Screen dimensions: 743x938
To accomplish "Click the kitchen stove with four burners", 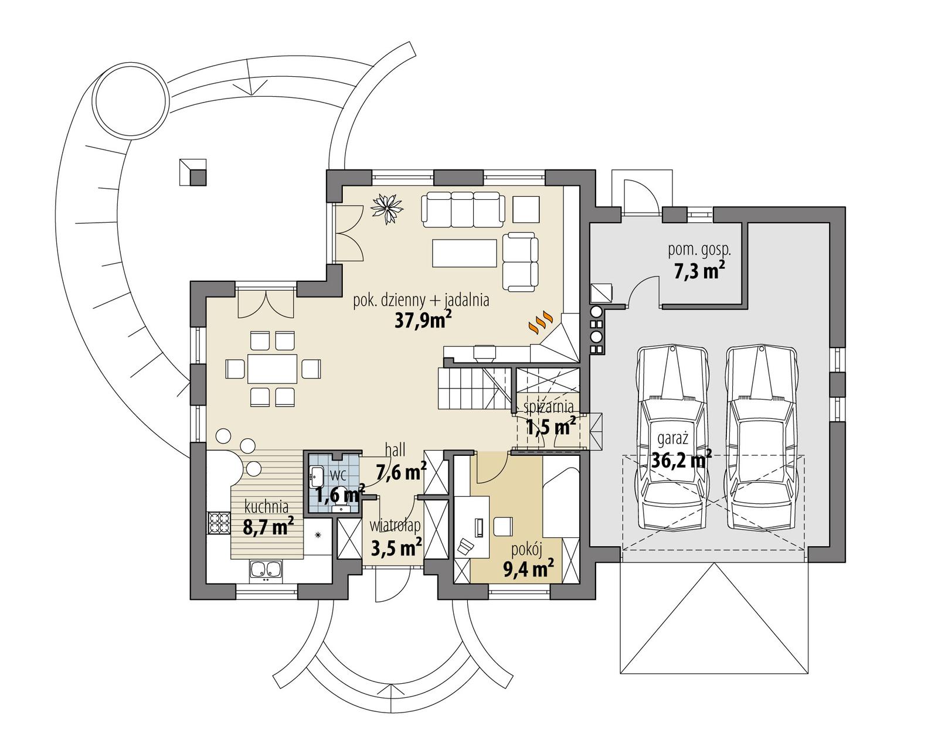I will click(219, 523).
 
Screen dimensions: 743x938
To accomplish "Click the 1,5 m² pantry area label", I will click(550, 427).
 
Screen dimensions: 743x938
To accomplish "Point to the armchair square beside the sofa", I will click(526, 208).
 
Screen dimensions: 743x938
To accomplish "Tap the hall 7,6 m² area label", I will click(401, 471).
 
